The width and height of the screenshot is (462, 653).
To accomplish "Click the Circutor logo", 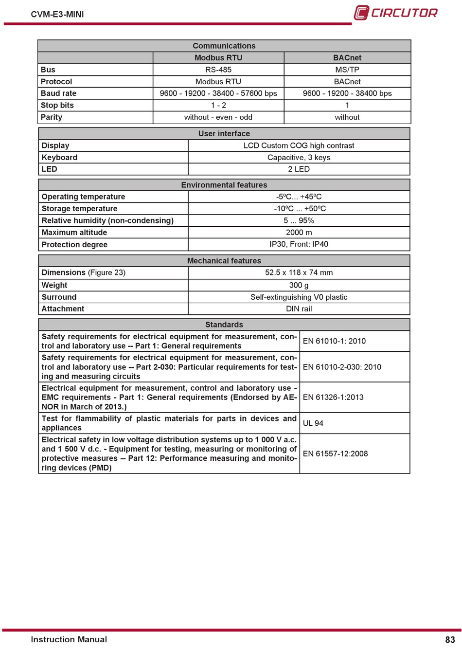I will [x=395, y=13].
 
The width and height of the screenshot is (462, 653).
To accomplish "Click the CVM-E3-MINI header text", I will [x=57, y=14].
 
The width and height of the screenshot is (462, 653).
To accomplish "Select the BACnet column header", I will [x=347, y=58].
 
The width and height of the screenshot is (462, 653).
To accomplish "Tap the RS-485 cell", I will [x=218, y=70].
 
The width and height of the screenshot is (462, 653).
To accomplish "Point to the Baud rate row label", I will [x=58, y=93].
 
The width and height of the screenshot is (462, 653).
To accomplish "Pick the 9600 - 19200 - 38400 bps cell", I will [x=347, y=93].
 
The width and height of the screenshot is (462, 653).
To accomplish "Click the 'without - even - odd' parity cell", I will [x=218, y=117].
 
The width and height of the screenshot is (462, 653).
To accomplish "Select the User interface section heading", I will [x=224, y=134].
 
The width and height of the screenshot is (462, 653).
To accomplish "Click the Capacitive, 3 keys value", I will [x=299, y=158].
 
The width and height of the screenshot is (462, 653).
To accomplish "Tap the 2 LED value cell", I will [x=299, y=169].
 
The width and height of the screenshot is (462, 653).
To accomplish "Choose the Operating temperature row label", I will [x=83, y=197].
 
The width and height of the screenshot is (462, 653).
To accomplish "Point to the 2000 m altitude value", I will [x=299, y=233].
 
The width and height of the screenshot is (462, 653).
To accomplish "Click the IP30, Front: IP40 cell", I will [x=299, y=244].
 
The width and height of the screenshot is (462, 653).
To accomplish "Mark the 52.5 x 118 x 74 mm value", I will [x=299, y=272].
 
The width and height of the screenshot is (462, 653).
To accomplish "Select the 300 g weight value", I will [x=299, y=285].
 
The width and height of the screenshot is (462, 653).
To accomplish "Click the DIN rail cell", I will [x=299, y=309].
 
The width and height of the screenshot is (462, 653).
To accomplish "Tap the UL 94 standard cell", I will [x=313, y=423].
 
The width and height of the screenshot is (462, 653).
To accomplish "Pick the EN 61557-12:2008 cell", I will [x=335, y=454].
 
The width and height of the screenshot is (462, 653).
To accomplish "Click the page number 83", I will [x=450, y=640].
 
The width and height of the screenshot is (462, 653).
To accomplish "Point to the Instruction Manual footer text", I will [x=69, y=640].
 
